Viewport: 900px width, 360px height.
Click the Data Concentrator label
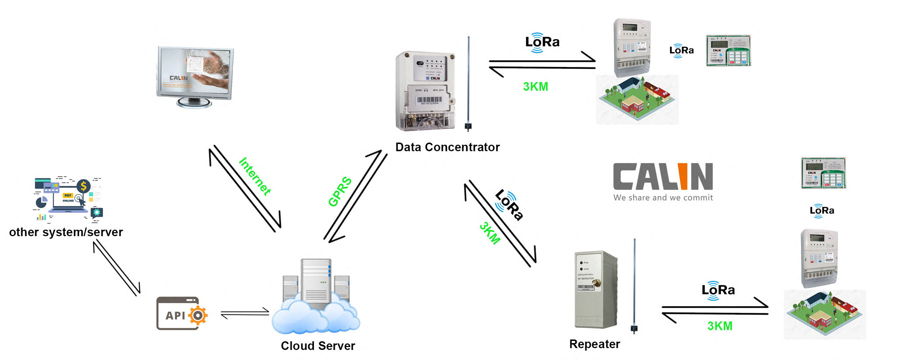(x=447, y=147)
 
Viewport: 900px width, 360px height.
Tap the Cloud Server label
(x=318, y=346)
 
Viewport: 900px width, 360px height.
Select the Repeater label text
(x=595, y=344)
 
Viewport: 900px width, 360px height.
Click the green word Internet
(x=255, y=176)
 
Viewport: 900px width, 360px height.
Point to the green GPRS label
(x=340, y=192)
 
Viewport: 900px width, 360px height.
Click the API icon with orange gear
(x=182, y=313)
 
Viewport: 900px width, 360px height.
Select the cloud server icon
(x=316, y=297)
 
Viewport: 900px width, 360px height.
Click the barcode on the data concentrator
(x=429, y=100)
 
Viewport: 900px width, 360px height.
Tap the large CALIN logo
(x=663, y=176)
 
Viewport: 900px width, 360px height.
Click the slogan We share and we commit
(x=663, y=198)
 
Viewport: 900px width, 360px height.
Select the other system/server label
(x=66, y=232)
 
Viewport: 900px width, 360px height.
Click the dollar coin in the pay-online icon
(x=84, y=186)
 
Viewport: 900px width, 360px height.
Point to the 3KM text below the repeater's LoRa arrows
(x=720, y=326)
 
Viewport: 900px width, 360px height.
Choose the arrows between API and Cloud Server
(x=245, y=313)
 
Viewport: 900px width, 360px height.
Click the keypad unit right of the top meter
(x=729, y=51)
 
